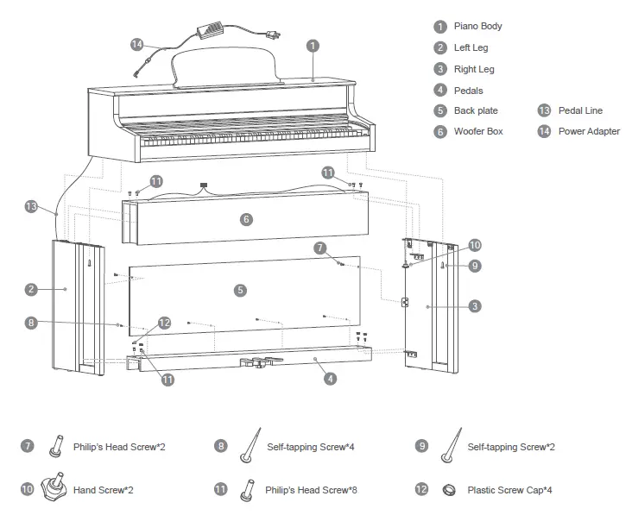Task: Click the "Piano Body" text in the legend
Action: click(477, 26)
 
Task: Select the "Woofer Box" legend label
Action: click(478, 131)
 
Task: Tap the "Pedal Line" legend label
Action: click(580, 110)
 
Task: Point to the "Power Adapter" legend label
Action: click(589, 131)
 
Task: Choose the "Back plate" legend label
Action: click(476, 110)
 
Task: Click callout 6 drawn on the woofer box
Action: click(246, 220)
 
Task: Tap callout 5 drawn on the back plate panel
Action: click(240, 291)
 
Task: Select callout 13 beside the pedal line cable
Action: click(32, 207)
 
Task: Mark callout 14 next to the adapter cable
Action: click(137, 44)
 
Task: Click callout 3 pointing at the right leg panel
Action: click(475, 305)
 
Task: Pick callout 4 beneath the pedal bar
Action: click(332, 378)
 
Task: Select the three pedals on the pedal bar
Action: click(256, 363)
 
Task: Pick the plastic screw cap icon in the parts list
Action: click(450, 489)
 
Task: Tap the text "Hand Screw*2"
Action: click(104, 489)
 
